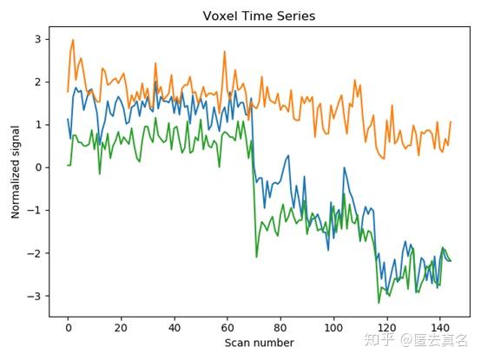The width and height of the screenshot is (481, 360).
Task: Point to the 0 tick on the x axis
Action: click(68, 328)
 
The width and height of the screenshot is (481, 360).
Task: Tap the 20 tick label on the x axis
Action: click(121, 328)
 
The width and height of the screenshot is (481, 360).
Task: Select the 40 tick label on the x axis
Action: click(175, 328)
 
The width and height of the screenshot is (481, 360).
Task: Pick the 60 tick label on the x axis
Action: click(227, 328)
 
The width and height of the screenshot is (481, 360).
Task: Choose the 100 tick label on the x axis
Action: click(334, 328)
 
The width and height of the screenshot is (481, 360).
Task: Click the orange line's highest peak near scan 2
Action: click(73, 40)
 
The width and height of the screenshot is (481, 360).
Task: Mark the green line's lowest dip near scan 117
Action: click(379, 302)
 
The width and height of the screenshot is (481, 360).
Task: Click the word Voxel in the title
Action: click(219, 16)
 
